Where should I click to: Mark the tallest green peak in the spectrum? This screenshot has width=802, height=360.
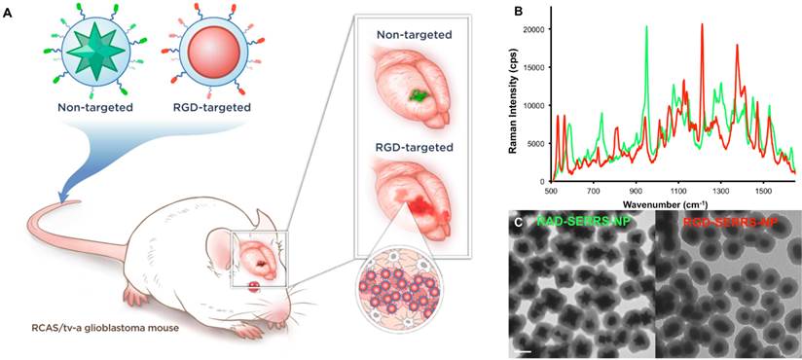pyautogui.click(x=646, y=27)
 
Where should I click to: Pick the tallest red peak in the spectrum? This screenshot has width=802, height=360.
pyautogui.click(x=702, y=24)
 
